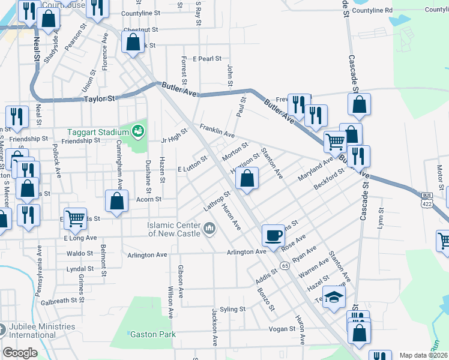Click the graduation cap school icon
pyautogui.click(x=334, y=298)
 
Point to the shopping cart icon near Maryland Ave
pyautogui.click(x=335, y=142)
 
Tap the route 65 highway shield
pyautogui.click(x=283, y=265)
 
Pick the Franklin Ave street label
pyautogui.click(x=217, y=130)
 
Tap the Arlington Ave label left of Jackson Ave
pyautogui.click(x=147, y=255)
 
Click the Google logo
pyautogui.click(x=20, y=352)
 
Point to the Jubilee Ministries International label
pyautogui.click(x=42, y=331)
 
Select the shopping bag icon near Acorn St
pyautogui.click(x=117, y=202)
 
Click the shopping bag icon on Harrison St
pyautogui.click(x=247, y=178)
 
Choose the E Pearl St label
pyautogui.click(x=207, y=59)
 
